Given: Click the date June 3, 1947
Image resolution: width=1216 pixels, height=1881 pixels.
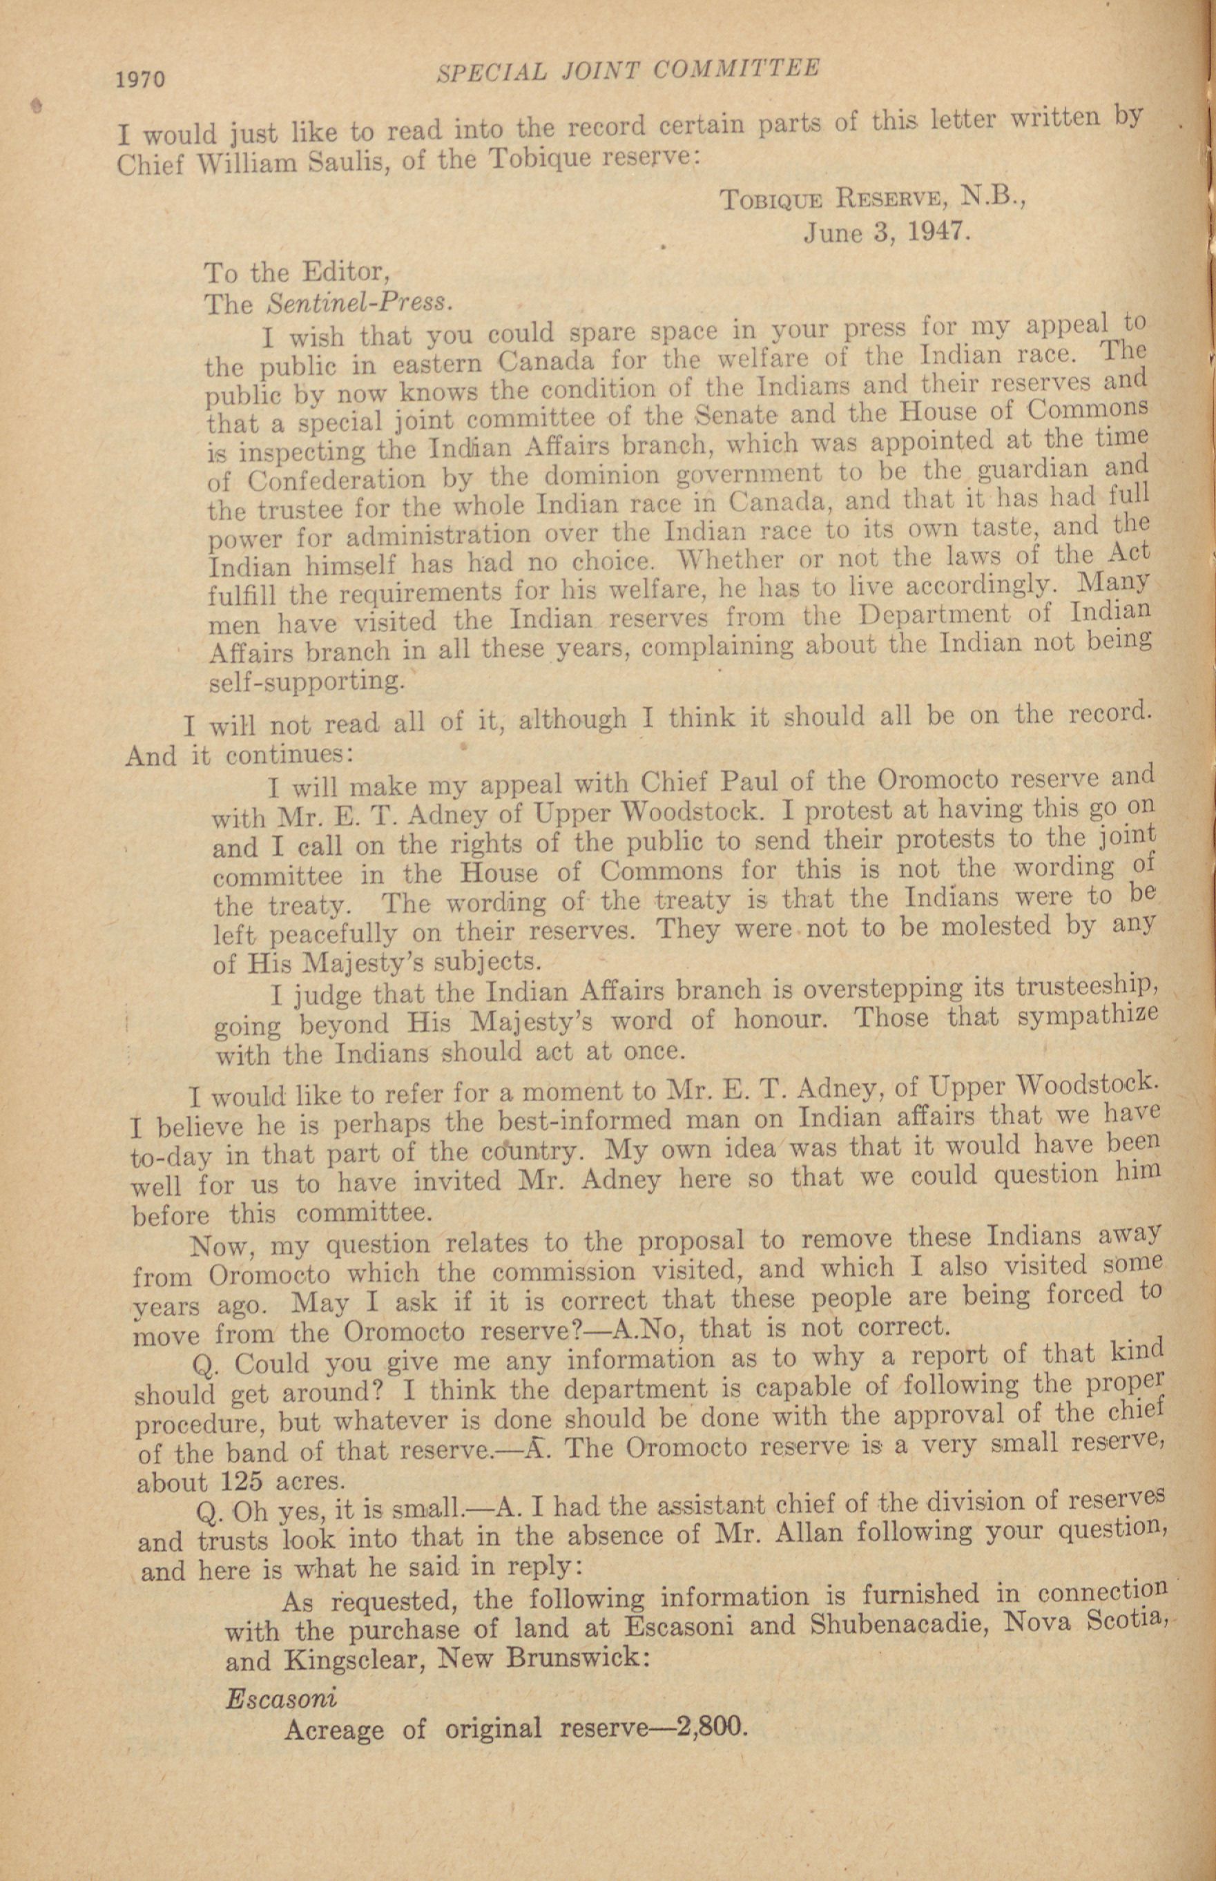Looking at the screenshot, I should [x=885, y=231].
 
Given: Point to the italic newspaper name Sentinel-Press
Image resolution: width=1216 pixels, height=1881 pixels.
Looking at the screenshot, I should [x=360, y=302].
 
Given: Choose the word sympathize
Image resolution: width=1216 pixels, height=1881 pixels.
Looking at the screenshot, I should [x=1088, y=1016].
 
